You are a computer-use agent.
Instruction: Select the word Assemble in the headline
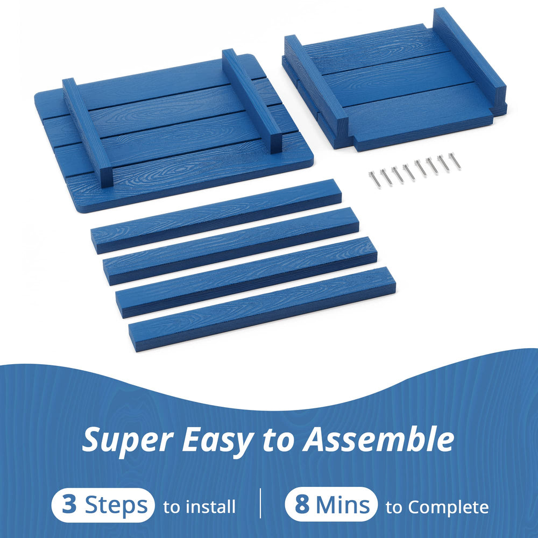378,438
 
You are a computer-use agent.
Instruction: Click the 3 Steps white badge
103,505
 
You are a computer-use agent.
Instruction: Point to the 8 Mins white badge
331,505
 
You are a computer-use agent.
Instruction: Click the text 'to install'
200,507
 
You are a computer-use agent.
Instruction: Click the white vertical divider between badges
260,503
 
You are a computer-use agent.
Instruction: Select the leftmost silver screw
374,179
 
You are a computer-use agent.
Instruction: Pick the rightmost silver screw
455,161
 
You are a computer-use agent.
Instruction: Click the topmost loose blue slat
216,216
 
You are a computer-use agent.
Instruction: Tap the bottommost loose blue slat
262,309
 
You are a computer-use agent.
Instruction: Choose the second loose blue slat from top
231,246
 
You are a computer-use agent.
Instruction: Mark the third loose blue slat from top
246,277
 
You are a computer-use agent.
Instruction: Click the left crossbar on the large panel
88,132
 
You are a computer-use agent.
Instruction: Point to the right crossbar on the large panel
252,101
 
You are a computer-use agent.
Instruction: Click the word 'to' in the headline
278,440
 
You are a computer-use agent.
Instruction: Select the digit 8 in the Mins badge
302,505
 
